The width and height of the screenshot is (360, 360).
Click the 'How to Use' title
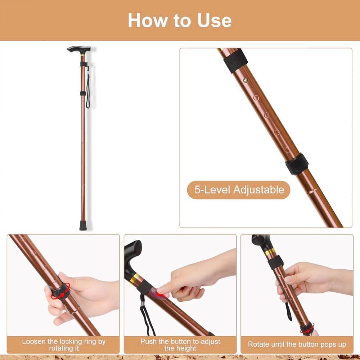tap(180, 20)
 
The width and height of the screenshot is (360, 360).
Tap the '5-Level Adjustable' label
tap(239, 190)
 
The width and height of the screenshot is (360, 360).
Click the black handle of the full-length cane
tap(79, 49)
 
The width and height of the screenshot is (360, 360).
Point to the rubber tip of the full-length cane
tap(83, 225)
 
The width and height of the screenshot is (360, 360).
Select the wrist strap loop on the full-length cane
tap(87, 90)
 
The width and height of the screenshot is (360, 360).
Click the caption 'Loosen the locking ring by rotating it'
tap(64, 345)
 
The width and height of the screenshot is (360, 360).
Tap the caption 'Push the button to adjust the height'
tap(180, 345)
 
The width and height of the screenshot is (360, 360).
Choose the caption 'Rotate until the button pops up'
tap(297, 345)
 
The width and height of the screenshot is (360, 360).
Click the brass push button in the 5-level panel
tap(246, 80)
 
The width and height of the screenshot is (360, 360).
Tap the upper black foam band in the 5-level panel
tap(235, 61)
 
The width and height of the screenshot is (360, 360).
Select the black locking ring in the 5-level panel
tap(297, 164)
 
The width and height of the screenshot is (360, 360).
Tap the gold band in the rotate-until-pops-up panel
tap(270, 252)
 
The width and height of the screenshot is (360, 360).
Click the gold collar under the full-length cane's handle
tap(84, 55)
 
